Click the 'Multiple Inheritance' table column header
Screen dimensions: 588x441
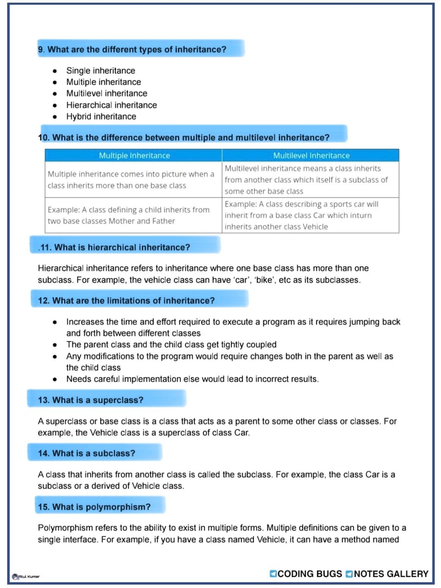click(134, 156)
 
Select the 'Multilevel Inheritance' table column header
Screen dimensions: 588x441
click(311, 156)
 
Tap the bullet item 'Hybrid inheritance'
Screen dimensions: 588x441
click(101, 117)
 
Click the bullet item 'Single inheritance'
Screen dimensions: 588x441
click(101, 71)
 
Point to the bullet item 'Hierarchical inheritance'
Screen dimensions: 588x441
click(111, 105)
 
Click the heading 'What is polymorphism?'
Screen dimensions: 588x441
click(101, 507)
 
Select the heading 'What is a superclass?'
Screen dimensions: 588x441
click(98, 400)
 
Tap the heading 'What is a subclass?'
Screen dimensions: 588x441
click(93, 453)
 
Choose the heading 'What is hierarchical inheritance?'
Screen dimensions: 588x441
click(122, 247)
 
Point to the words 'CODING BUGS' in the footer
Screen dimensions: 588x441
click(310, 574)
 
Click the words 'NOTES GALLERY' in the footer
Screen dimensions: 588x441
click(391, 574)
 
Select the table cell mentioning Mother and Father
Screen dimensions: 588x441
click(133, 215)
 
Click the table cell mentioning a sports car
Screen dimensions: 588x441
click(310, 215)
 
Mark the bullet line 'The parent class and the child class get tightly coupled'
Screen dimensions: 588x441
click(171, 345)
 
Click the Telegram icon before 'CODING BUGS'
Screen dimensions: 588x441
click(273, 574)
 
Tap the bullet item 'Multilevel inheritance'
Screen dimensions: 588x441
click(107, 93)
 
